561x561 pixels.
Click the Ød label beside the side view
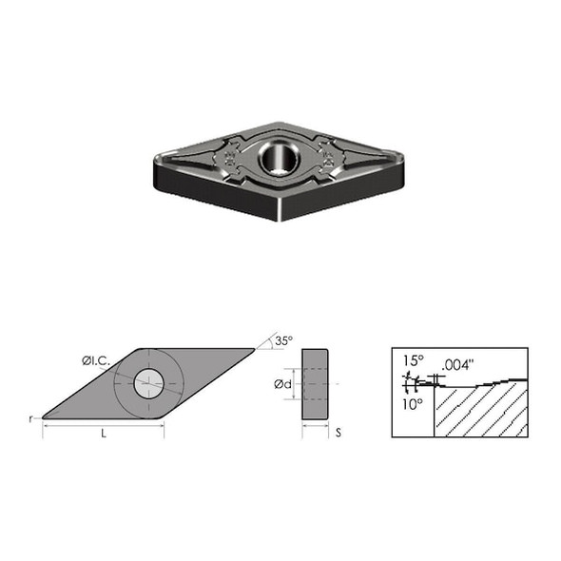[281, 384]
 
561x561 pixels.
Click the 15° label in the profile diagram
[411, 361]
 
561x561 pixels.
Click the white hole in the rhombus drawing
[148, 383]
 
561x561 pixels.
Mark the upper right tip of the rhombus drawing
[253, 350]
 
